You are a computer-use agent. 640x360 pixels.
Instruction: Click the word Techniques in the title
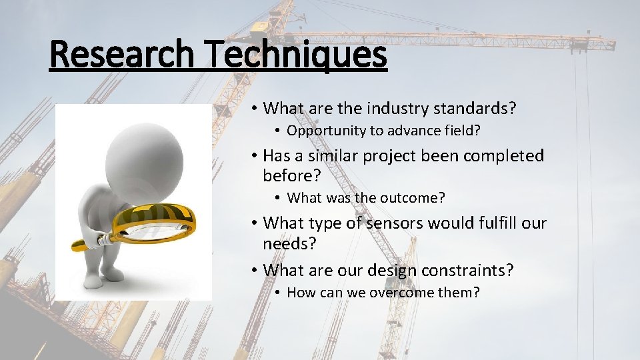click(x=296, y=55)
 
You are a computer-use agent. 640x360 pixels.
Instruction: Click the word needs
click(x=289, y=243)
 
